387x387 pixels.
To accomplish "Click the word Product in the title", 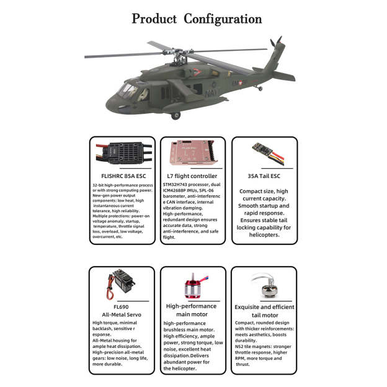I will [154, 19].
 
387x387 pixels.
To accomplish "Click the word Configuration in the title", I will [223, 19].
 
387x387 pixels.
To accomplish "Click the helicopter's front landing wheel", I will [176, 115].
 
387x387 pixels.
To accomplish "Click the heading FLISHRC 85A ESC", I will [121, 176].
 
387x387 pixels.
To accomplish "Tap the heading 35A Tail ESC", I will [264, 176].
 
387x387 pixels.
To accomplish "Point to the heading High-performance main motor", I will [192, 310].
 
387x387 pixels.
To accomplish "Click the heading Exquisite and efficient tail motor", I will [264, 311].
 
